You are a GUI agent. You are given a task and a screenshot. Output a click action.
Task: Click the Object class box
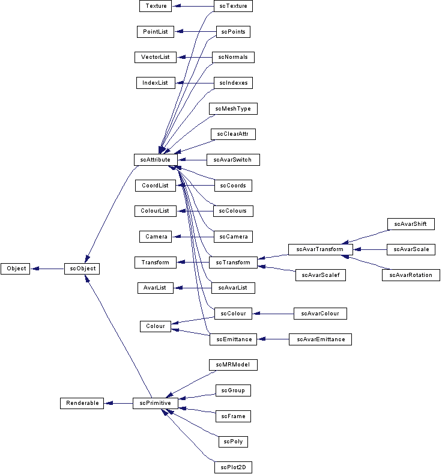(x=16, y=269)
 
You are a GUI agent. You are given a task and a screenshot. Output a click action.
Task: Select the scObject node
(x=82, y=269)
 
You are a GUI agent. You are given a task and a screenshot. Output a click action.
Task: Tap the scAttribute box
(x=156, y=160)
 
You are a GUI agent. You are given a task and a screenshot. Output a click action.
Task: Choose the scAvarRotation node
(x=411, y=275)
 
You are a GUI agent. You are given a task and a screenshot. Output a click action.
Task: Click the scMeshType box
(x=233, y=109)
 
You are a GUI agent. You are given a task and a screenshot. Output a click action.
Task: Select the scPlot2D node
(x=233, y=467)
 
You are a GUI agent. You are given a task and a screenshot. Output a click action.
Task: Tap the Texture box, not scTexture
(x=156, y=6)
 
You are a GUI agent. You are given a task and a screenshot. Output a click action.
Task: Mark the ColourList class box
(x=156, y=211)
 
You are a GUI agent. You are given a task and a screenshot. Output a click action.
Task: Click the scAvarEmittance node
(x=319, y=339)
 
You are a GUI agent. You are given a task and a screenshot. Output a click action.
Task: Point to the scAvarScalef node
(x=321, y=275)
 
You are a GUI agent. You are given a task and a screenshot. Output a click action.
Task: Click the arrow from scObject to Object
(x=48, y=269)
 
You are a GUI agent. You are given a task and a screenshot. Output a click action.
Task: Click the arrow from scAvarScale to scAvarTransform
(x=369, y=249)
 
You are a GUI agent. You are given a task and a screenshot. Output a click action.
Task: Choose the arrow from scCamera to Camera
(x=193, y=237)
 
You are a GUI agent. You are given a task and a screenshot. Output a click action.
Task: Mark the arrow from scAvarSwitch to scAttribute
(x=192, y=160)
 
